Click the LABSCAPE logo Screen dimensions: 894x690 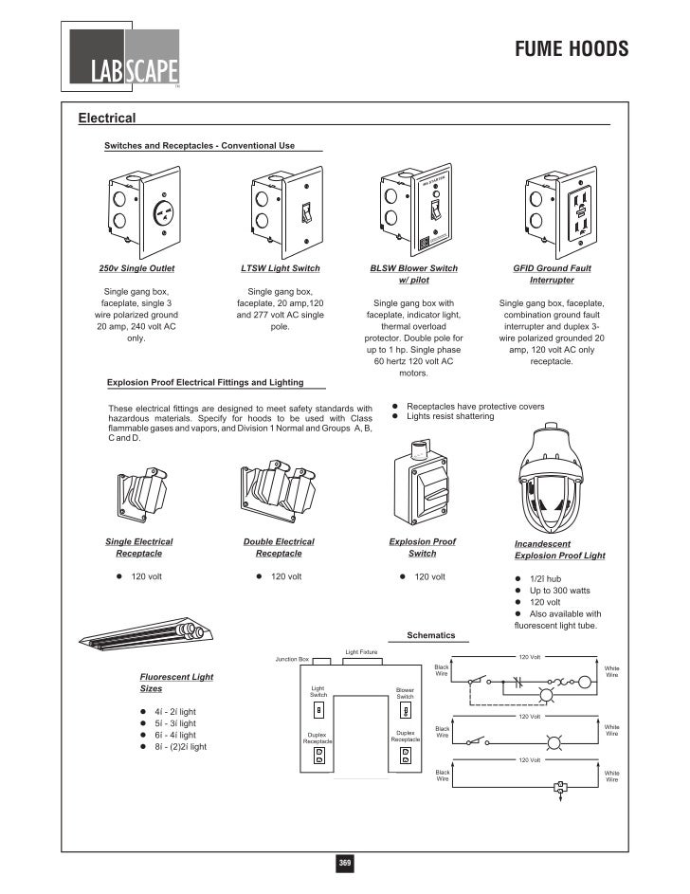click(124, 57)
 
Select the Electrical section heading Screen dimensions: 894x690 click(107, 119)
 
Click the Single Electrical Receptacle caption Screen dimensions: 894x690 click(138, 547)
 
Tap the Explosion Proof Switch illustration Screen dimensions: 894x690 click(422, 483)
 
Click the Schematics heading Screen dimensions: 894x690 click(430, 634)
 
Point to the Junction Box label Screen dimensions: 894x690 click(292, 659)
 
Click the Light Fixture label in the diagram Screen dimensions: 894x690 click(361, 652)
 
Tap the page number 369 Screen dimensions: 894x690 click(345, 863)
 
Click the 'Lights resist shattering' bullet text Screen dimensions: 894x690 click(456, 416)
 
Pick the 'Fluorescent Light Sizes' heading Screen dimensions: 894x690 click(176, 683)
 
